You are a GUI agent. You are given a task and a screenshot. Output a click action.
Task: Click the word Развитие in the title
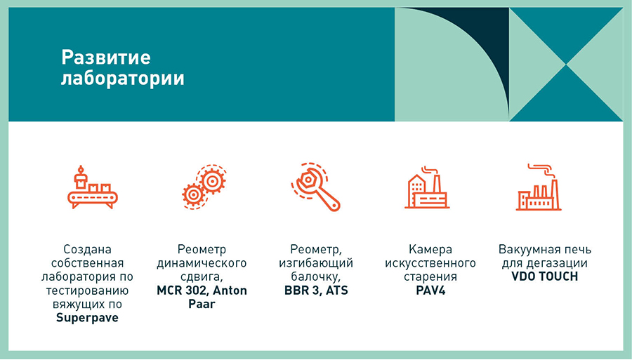106,57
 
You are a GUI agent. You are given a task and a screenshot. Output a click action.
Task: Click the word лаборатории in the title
122,79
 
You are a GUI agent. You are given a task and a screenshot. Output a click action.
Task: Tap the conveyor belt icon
93,187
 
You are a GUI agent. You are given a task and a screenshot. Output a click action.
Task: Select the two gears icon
204,187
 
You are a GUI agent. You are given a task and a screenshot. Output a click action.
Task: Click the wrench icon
316,187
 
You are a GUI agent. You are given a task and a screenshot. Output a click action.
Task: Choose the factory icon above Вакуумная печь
539,187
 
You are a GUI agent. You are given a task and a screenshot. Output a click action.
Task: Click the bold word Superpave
88,318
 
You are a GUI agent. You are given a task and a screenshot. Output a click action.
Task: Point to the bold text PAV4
430,291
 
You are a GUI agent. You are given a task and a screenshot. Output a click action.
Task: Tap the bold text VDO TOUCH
544,276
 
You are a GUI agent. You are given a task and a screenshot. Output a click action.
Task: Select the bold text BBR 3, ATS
316,291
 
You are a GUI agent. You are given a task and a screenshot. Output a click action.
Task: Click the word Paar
202,304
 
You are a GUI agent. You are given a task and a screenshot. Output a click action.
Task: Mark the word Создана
88,250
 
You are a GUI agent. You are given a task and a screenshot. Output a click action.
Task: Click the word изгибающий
316,263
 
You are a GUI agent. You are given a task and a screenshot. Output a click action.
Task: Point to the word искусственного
430,263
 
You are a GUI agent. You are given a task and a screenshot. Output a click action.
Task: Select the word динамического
202,263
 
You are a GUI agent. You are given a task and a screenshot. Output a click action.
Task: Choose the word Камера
430,250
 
